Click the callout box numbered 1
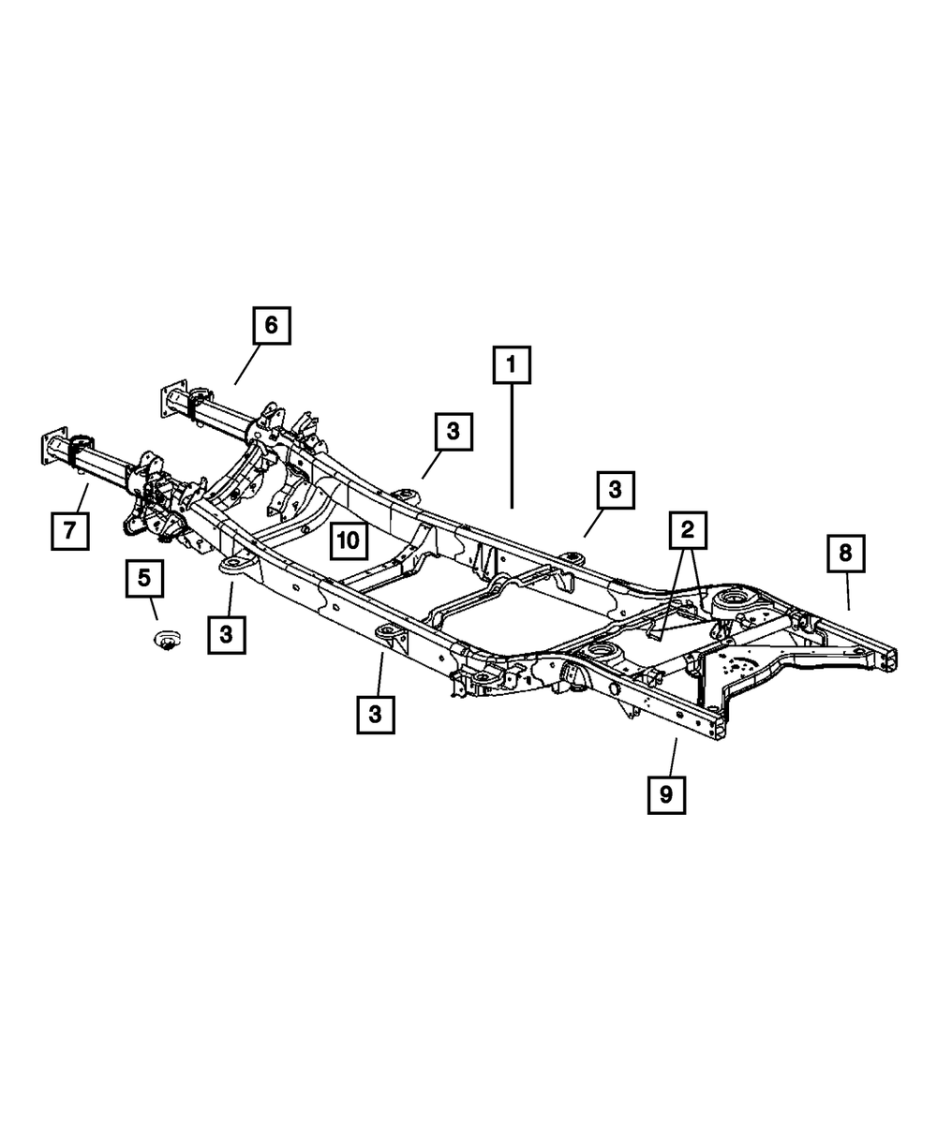(512, 365)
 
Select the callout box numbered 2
(688, 530)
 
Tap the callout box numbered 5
(144, 579)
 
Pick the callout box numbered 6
(271, 325)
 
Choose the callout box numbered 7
(69, 531)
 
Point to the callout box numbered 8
(845, 553)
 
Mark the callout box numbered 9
(665, 794)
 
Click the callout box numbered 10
(348, 540)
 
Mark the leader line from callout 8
(847, 591)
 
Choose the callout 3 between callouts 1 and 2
(615, 489)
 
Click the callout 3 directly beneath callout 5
(226, 634)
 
